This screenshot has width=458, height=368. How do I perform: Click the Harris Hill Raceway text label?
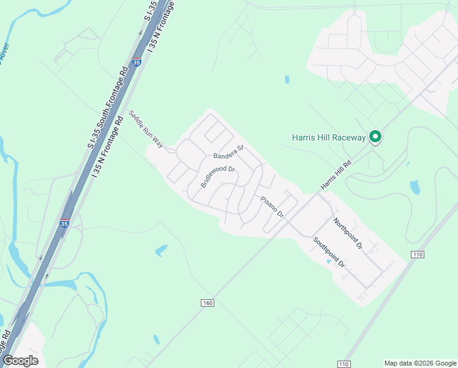[x=329, y=137]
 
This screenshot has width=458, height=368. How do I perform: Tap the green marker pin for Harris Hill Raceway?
[x=376, y=137]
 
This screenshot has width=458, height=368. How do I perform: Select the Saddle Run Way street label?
[x=146, y=129]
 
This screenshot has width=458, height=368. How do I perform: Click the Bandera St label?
[x=228, y=151]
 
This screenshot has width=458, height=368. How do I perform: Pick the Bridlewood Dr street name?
[x=218, y=177]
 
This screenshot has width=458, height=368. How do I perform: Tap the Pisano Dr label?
[x=272, y=207]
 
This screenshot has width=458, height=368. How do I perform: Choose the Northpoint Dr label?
[x=348, y=233]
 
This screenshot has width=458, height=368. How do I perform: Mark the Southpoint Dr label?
[x=329, y=252]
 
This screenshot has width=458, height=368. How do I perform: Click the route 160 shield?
[x=207, y=303]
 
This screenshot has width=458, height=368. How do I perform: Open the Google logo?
[x=20, y=360]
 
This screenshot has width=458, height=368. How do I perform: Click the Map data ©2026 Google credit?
[x=421, y=363]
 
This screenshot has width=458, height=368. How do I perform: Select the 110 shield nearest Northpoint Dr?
[x=418, y=254]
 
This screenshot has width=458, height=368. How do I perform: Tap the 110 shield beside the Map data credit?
[x=344, y=364]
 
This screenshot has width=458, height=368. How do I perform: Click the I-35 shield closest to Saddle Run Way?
[x=137, y=61]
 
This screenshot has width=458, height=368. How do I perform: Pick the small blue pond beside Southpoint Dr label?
[x=329, y=262]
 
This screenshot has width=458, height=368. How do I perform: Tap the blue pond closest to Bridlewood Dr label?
[x=161, y=250]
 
